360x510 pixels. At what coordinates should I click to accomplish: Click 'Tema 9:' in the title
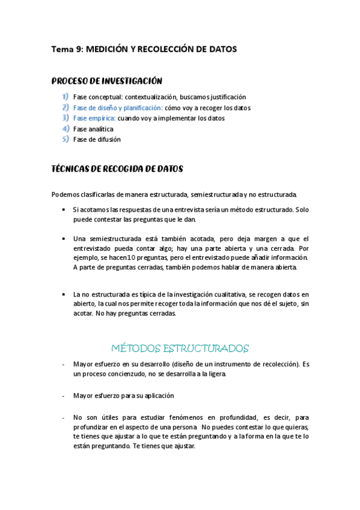pos(67,50)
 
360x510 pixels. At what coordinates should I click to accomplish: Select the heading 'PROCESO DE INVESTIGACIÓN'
pos(107,81)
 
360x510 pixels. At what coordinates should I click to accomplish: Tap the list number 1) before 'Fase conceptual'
pos(65,97)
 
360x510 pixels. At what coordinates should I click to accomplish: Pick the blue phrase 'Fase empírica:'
pos(94,118)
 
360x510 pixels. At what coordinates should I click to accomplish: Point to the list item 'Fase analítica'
pos(93,129)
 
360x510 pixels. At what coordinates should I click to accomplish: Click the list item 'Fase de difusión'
pos(97,140)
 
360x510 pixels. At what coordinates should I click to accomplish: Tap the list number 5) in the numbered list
pos(65,140)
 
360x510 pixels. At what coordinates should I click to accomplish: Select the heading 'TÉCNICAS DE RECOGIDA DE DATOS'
pos(117,169)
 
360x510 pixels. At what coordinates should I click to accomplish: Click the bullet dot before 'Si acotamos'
pos(64,209)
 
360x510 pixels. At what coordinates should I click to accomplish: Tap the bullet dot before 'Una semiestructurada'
pos(64,238)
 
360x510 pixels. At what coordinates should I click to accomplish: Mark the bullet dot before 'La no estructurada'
pos(64,294)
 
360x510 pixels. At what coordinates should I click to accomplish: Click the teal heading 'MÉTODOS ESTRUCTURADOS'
pos(180,348)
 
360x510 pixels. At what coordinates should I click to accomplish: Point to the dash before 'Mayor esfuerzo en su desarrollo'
pos(64,364)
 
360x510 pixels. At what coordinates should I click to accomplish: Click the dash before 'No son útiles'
pos(64,417)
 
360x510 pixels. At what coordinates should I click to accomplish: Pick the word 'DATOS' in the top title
pos(222,50)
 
